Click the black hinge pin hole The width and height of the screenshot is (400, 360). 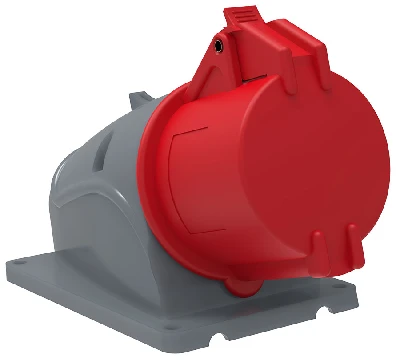pos(218,45)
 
